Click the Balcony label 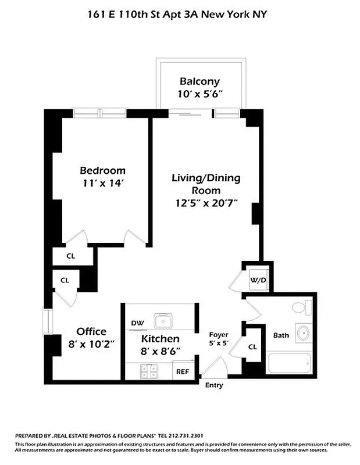point(199,81)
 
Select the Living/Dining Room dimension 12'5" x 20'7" point(205,203)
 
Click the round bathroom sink point(303,334)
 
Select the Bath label point(281,335)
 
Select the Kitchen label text point(160,339)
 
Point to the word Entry point(213,385)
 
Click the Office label point(91,332)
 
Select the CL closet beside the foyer point(252,347)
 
